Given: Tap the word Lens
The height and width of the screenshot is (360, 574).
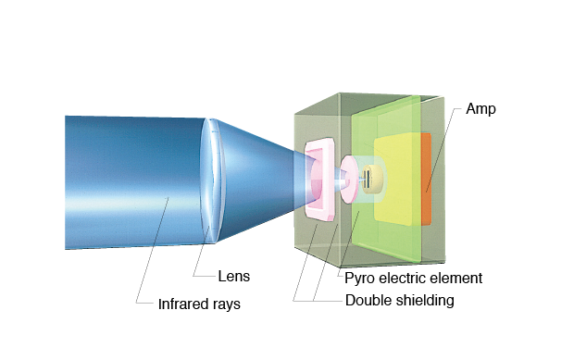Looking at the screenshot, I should (x=233, y=276).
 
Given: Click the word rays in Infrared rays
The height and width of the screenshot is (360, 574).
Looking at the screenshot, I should (x=226, y=304).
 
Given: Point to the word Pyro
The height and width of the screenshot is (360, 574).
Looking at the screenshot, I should (x=358, y=278).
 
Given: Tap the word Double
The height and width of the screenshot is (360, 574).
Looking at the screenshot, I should (x=368, y=300).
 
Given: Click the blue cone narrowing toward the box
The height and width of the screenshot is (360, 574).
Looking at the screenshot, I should (x=264, y=176).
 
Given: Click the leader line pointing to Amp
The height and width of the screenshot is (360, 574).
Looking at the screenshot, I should (x=443, y=148).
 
